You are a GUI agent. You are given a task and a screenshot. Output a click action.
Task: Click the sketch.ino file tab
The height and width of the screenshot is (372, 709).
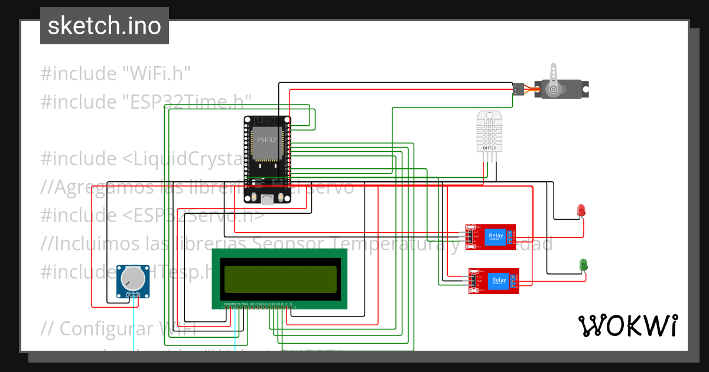point(105,26)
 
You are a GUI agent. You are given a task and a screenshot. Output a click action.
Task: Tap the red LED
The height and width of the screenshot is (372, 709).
point(581,210)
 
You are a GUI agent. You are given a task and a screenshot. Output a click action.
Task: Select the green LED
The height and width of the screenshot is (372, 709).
point(583,265)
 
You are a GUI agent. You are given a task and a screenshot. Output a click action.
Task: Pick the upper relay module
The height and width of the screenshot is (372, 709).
point(490,237)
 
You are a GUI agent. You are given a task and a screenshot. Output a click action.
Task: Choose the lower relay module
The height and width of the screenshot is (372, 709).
point(495,280)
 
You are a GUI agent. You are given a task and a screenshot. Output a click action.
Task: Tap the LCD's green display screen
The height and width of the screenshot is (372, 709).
point(279,278)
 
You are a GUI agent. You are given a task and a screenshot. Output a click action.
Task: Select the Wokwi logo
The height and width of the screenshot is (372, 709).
point(628,325)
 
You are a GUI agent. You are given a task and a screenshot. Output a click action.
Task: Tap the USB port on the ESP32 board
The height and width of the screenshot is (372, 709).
point(267,199)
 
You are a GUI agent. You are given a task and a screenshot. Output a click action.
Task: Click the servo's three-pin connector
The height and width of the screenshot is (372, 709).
point(519,89)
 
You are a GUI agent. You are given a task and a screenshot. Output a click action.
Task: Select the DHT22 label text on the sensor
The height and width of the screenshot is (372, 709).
point(489,148)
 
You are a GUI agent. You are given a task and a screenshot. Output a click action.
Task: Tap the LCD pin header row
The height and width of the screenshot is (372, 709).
point(257,305)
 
